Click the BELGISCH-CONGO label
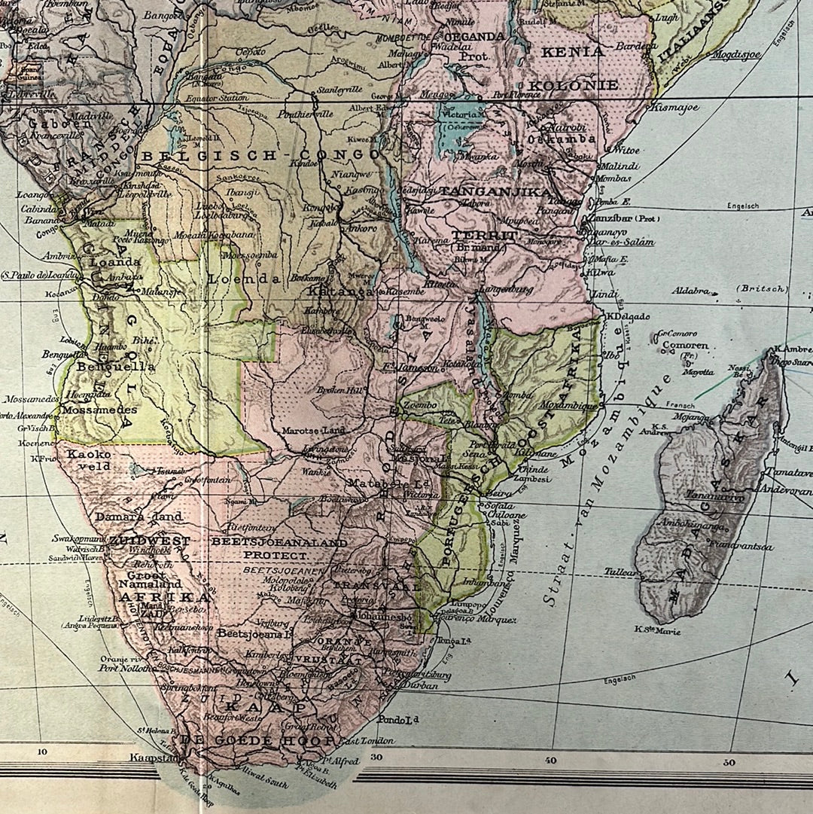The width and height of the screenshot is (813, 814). (x=260, y=155)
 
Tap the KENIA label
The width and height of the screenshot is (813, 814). (x=577, y=52)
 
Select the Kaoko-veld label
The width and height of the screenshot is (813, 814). (x=89, y=460)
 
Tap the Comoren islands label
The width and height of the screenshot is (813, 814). (x=686, y=346)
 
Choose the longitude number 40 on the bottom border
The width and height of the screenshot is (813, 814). (x=552, y=760)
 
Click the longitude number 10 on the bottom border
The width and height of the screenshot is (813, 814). (x=42, y=751)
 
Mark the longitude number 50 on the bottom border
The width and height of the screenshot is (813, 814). (x=729, y=762)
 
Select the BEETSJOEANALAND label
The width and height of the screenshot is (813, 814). (x=279, y=542)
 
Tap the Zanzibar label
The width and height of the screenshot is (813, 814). (x=613, y=218)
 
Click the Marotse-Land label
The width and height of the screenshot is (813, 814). (x=313, y=431)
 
